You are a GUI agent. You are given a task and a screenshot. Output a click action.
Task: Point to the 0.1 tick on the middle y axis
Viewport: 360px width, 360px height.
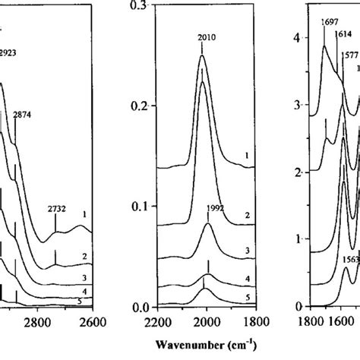141,207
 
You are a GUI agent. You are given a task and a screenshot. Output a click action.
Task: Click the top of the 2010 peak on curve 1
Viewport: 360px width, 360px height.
202,55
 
